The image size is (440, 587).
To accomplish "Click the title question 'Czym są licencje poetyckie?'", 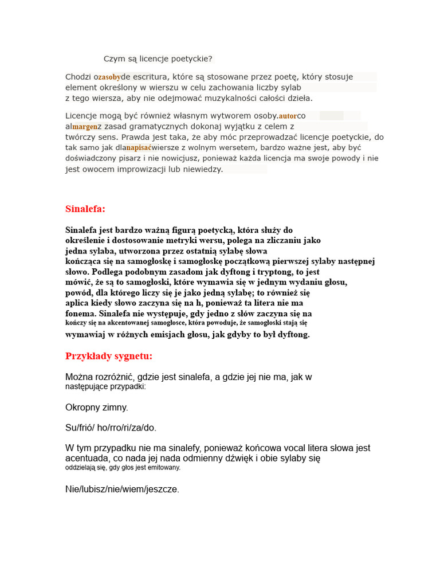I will pos(158,59).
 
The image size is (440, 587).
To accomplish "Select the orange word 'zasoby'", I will pos(109,77).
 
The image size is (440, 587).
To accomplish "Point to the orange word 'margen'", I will pos(85,127).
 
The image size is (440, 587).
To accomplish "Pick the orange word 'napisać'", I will pos(139,148).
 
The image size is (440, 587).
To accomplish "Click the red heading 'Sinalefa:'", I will pos(85,209).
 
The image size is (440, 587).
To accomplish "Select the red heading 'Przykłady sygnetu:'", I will pos(109,357).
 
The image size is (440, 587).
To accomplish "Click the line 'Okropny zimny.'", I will pos(97,408).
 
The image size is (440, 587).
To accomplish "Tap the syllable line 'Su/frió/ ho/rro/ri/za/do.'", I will pos(111,428).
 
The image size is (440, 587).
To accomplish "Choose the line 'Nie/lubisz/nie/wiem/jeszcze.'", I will pos(122,489).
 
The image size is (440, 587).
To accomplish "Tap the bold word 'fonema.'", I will pos(81,314).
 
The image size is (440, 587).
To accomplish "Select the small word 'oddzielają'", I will pos(81,468).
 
